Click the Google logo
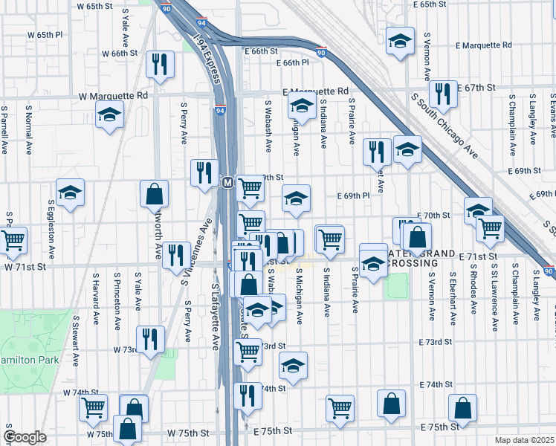coord(25,437)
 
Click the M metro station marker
coord(228,182)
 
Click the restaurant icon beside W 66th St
coord(161,65)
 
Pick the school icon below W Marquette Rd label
coord(109,115)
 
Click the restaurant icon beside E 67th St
coord(443,93)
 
